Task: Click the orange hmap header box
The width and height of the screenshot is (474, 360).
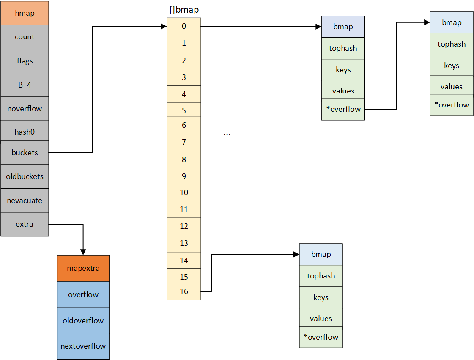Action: tap(25, 13)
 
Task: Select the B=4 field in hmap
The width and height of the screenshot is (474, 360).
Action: tap(25, 85)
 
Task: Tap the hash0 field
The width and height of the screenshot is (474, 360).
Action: tap(25, 132)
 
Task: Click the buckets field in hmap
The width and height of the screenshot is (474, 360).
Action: tap(25, 153)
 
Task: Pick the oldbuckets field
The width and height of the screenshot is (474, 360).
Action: tap(25, 176)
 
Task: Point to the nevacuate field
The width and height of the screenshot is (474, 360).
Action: tap(25, 201)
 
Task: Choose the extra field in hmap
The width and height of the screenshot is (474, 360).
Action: tap(25, 224)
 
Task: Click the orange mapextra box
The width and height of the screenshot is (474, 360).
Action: tap(83, 268)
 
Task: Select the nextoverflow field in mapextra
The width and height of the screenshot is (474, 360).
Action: tap(83, 346)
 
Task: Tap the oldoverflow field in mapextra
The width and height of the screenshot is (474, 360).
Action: tap(83, 320)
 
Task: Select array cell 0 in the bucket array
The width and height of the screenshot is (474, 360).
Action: tap(184, 26)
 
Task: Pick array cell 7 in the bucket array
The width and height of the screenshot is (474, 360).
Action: tap(184, 142)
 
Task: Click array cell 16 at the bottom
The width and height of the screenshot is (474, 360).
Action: tap(184, 291)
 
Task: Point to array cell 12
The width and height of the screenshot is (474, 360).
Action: tap(184, 226)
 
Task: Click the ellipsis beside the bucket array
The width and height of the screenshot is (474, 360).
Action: tap(227, 133)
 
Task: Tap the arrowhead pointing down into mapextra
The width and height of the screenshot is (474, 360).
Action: tap(83, 252)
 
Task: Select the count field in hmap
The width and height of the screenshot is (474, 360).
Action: tap(25, 37)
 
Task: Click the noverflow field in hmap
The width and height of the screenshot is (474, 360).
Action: tap(25, 109)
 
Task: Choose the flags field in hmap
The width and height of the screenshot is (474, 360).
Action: tap(25, 61)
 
